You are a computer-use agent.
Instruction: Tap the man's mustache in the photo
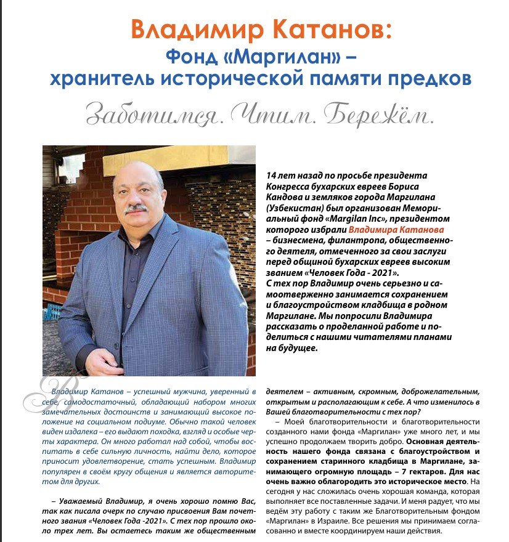tap(136, 208)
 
